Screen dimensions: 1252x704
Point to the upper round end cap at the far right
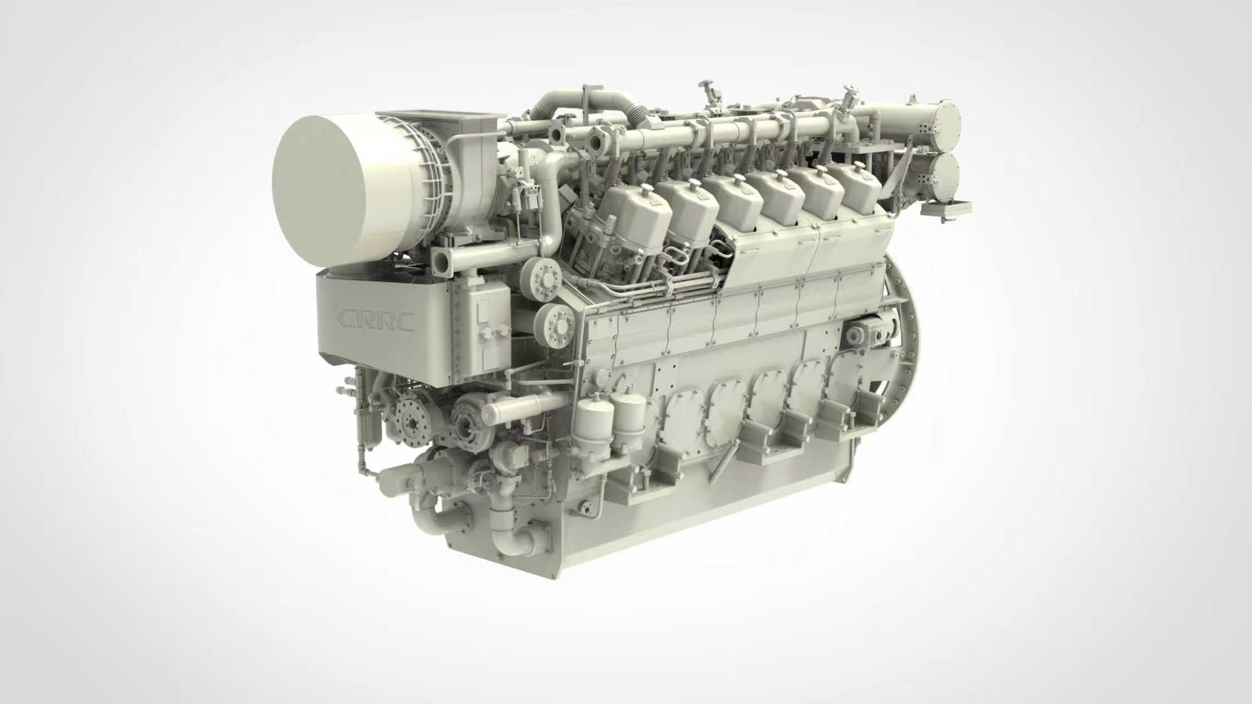(941, 127)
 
